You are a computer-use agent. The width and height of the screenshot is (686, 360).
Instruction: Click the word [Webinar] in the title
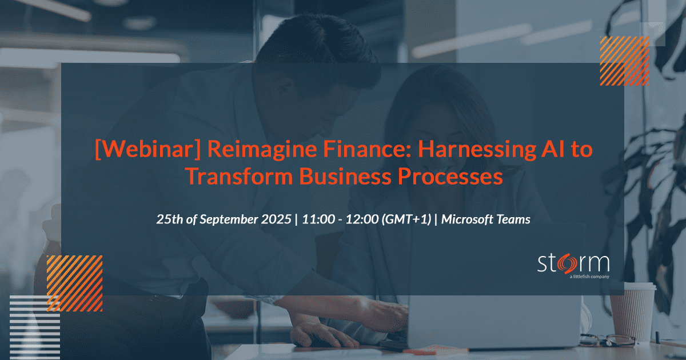[148, 149]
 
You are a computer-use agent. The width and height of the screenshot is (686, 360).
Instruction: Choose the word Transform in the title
[239, 177]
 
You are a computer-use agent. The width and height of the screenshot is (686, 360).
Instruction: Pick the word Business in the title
[345, 177]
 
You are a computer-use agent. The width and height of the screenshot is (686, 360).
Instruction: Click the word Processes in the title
[450, 177]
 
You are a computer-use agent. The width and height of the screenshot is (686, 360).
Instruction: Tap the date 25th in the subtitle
[170, 219]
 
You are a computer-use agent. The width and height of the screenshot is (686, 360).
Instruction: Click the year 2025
[276, 219]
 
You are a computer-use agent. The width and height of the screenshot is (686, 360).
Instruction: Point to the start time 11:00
[318, 219]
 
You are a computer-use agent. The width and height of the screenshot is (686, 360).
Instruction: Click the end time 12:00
[362, 219]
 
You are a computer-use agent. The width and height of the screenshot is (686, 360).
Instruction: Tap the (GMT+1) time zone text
[406, 219]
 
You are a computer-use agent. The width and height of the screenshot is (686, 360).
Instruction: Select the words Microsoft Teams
[486, 219]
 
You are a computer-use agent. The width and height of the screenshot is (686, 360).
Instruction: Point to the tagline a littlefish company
[589, 277]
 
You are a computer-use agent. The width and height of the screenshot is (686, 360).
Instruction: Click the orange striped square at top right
[624, 61]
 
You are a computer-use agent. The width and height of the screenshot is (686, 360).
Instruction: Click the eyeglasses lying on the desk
[607, 340]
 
